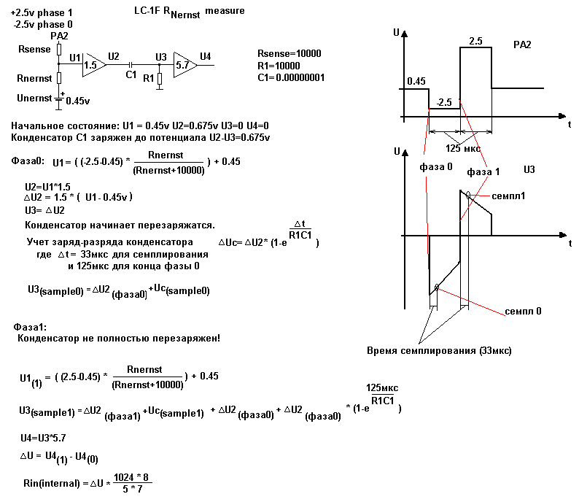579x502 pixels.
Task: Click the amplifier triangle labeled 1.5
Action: click(x=93, y=64)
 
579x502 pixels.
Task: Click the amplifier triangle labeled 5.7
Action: click(x=184, y=64)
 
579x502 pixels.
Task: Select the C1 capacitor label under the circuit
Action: click(x=131, y=74)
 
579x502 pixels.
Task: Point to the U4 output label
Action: click(x=206, y=56)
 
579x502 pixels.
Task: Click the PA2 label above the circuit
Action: click(x=60, y=36)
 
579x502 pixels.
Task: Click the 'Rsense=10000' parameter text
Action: click(x=289, y=55)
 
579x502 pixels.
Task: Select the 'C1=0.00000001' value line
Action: click(x=291, y=77)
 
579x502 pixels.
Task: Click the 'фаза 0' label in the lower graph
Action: click(x=435, y=166)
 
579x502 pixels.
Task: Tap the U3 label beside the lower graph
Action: click(x=530, y=169)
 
